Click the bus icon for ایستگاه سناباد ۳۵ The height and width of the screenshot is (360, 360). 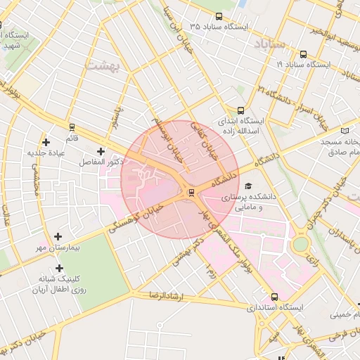[219, 16]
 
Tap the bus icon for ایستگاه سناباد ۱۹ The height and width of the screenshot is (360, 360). [303, 53]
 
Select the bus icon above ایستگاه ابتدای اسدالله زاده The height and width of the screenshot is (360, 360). [241, 110]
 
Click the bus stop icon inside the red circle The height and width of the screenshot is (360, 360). [191, 193]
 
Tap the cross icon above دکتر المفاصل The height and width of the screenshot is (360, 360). [101, 151]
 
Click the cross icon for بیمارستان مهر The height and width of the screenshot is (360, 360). [58, 236]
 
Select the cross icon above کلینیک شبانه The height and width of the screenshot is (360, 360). [59, 268]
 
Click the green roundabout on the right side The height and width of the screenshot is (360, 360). [301, 244]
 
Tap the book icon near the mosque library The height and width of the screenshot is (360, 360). [344, 130]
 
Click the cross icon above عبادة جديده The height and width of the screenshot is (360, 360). [46, 141]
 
